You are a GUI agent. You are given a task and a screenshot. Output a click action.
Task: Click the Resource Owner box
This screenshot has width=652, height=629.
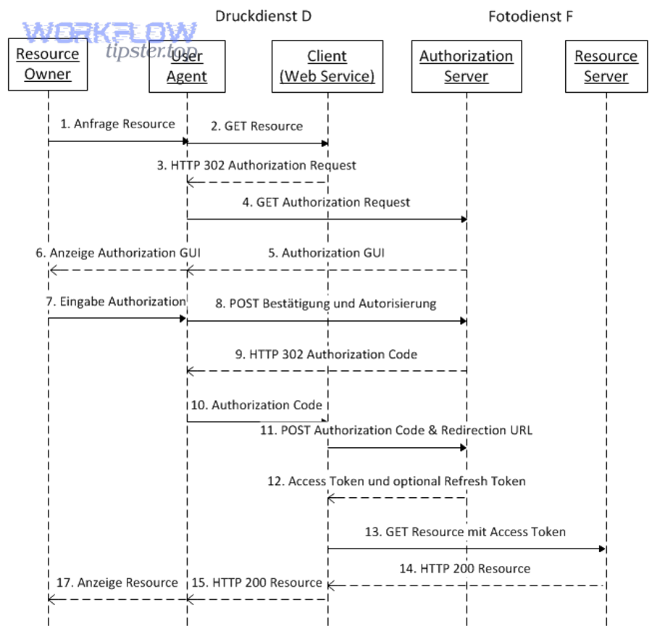[x=48, y=64]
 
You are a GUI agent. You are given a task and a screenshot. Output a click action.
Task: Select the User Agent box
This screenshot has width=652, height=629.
[x=187, y=66]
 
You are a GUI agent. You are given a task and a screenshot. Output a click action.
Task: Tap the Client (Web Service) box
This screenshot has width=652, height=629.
[x=327, y=66]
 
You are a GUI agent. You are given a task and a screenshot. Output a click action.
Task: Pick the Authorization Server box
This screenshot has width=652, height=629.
[x=467, y=66]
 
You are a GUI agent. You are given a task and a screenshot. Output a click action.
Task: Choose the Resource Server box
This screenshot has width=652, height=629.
[x=606, y=66]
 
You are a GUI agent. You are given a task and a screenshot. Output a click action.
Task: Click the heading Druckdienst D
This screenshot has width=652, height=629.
[x=264, y=15]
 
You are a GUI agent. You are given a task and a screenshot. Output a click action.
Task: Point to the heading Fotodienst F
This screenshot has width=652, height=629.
[x=531, y=15]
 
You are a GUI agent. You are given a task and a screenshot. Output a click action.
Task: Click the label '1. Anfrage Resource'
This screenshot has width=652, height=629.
[x=117, y=124]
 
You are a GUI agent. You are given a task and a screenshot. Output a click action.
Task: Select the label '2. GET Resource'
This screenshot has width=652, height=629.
[x=257, y=126]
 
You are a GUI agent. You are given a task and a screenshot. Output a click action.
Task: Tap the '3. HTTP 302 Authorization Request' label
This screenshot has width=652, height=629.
[x=256, y=165]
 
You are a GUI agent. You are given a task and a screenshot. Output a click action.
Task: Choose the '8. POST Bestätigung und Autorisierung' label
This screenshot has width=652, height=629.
[x=326, y=304]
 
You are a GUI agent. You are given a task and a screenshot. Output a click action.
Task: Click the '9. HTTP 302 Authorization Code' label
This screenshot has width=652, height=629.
[x=326, y=354]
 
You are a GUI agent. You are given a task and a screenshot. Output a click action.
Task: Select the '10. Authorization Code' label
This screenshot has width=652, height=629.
[x=257, y=404]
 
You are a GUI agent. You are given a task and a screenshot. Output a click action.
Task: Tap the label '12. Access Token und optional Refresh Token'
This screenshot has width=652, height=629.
[x=397, y=481]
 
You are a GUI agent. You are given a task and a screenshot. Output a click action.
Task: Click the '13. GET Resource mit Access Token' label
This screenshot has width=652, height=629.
[x=466, y=532]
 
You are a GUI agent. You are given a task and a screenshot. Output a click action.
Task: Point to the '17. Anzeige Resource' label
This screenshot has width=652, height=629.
[x=118, y=583]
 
